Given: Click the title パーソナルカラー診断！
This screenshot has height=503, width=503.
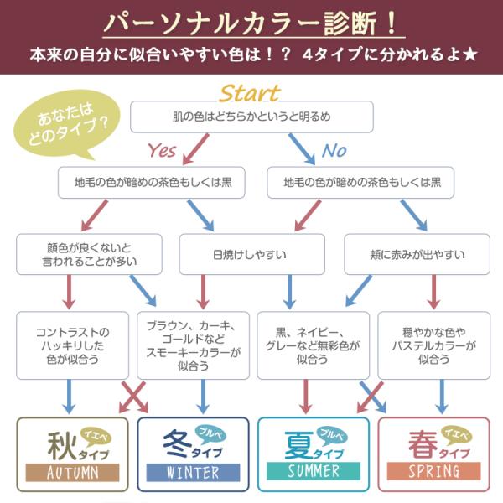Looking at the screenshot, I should coord(251,23).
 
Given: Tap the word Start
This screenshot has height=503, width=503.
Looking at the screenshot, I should coord(249,91).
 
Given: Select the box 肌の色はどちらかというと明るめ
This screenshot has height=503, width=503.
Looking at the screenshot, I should coord(251,117).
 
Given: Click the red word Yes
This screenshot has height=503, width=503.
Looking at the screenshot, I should coord(162,151).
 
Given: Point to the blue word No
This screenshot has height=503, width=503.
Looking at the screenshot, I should coord(334,151).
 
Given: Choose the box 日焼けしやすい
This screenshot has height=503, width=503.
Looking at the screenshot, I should coord(251,254).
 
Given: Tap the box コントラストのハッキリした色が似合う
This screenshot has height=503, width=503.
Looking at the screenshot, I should coord(74,345).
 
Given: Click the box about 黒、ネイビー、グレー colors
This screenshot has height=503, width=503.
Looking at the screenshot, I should coord(312,345).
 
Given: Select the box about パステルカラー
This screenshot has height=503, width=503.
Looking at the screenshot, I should coord(433,345).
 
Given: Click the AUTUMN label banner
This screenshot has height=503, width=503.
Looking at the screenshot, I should coord(74,472).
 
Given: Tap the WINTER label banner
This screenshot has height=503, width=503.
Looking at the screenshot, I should coord(194,472).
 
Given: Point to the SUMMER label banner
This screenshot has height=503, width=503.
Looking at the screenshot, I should coord(313,472).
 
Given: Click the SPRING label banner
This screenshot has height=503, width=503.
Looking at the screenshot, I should coord(433,472).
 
